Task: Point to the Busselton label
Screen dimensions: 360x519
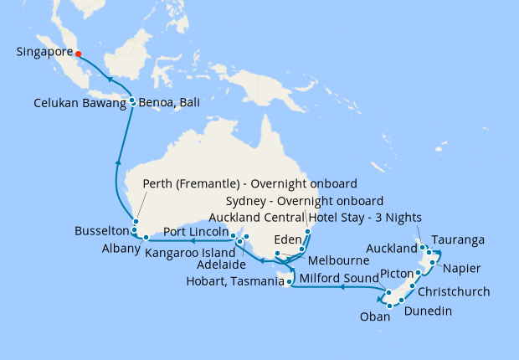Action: (x=101, y=229)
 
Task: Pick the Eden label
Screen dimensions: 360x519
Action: (x=286, y=238)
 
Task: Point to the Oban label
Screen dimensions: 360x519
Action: (x=374, y=316)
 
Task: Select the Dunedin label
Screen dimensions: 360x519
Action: (x=430, y=311)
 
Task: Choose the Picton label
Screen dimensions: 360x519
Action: (x=396, y=274)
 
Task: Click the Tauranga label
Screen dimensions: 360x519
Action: (x=460, y=239)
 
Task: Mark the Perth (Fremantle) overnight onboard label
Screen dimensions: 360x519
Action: (x=249, y=184)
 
